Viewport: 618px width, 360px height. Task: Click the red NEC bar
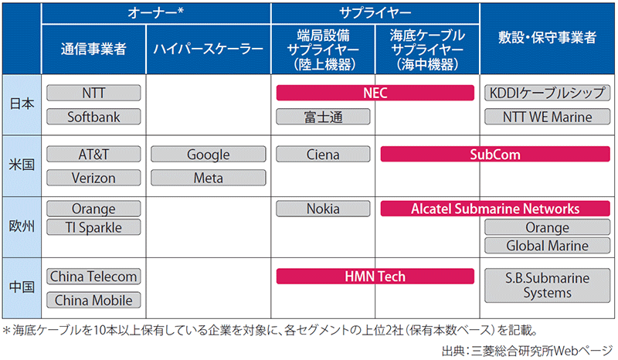tap(375, 93)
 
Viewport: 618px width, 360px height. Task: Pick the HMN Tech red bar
tap(375, 277)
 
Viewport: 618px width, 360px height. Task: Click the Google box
tap(208, 155)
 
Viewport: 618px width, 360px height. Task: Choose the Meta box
tap(208, 178)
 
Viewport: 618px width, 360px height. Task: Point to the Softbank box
tap(93, 117)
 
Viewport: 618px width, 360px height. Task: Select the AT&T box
tap(93, 155)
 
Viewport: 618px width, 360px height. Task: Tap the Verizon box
tap(93, 178)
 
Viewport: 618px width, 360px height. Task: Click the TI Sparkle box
tap(93, 227)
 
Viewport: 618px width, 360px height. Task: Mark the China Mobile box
tap(93, 301)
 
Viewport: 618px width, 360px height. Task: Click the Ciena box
tap(322, 155)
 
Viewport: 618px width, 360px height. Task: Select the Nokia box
tap(322, 209)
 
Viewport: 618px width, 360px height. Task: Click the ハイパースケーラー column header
tap(208, 48)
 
